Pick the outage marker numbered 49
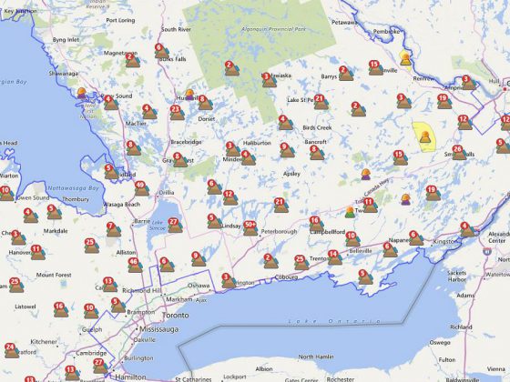coord(140,188)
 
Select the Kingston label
coord(444,241)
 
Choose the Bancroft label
coord(315,142)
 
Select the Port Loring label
coord(119,18)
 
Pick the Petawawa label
coord(345,20)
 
